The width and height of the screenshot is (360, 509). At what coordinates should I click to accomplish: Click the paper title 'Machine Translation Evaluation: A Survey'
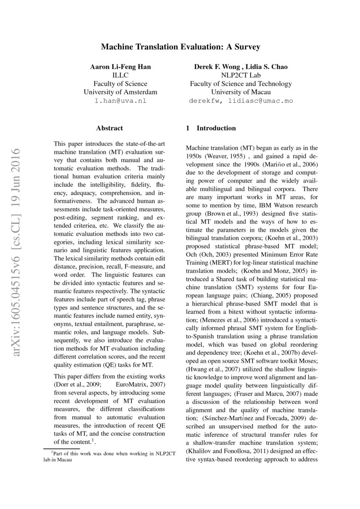[x=180, y=46]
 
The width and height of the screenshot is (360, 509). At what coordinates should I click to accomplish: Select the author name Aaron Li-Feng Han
[x=120, y=67]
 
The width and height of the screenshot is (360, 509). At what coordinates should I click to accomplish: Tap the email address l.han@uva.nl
[x=120, y=101]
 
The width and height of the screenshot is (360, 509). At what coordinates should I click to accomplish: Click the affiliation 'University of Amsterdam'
[x=120, y=92]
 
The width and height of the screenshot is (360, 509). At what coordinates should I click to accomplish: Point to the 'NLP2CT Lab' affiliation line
[x=241, y=75]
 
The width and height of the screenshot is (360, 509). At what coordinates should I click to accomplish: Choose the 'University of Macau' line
[x=241, y=92]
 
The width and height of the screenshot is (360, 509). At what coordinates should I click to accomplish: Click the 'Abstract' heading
[x=109, y=128]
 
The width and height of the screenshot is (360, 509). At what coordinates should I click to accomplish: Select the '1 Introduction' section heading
[x=211, y=128]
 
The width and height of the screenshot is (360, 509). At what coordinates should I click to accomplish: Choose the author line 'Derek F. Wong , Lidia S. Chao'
[x=241, y=67]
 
